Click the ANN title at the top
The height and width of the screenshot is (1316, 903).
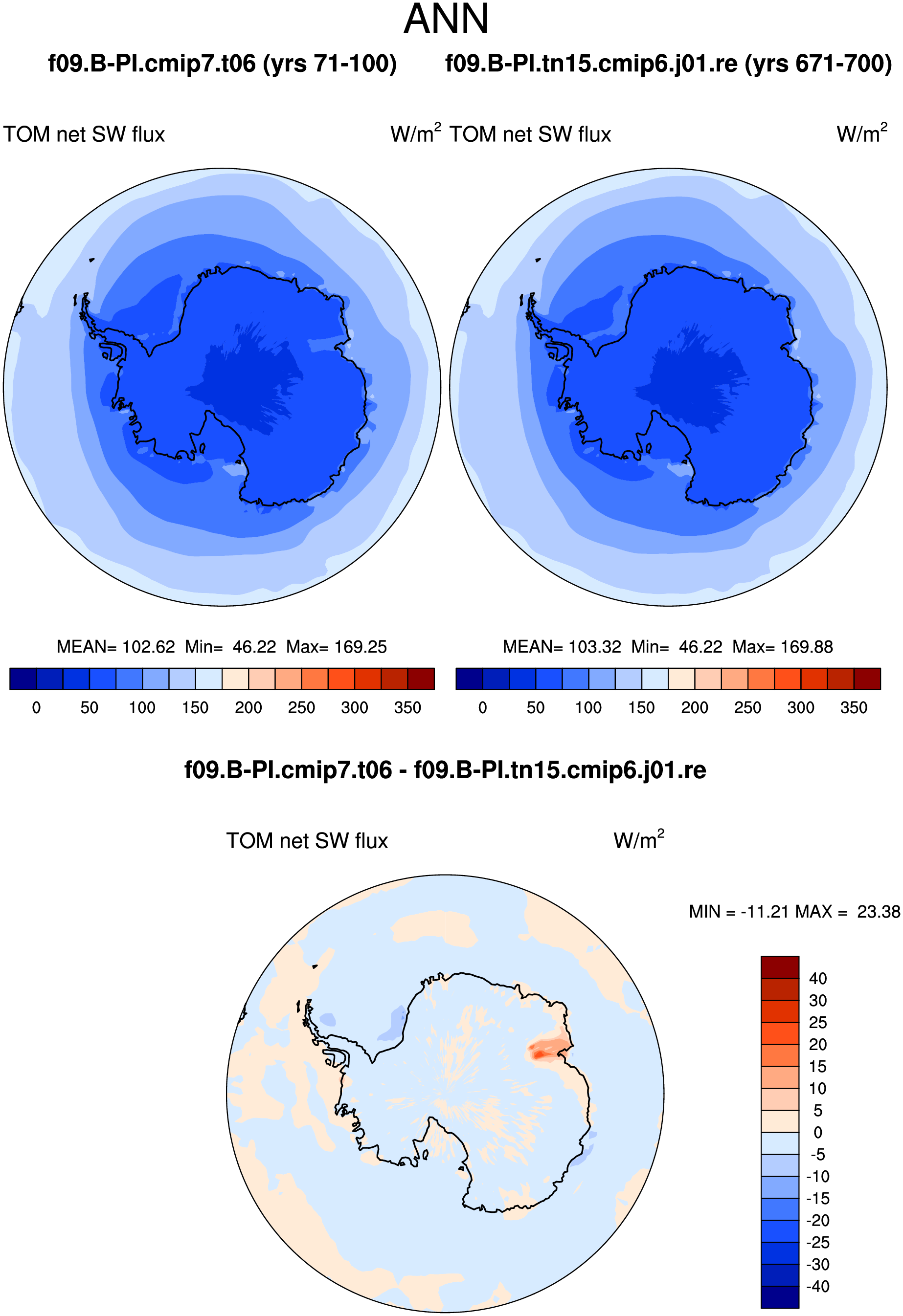pos(447,19)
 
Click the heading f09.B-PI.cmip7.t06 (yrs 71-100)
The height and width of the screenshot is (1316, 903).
pos(222,64)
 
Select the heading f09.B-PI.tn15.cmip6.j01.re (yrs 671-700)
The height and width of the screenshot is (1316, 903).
pos(669,64)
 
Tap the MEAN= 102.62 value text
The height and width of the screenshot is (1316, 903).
pos(115,647)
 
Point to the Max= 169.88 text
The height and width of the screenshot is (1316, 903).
pos(782,647)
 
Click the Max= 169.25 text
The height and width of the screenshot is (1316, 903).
pos(337,647)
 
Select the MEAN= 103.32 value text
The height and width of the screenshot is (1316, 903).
pos(562,647)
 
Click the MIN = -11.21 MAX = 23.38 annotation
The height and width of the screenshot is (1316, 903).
pos(794,912)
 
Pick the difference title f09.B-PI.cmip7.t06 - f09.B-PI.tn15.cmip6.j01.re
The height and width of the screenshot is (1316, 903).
pos(445,770)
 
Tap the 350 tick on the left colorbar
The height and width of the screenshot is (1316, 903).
pos(407,708)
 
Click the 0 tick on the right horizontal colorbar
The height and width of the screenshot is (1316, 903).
pos(483,708)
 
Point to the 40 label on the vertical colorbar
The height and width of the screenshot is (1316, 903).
pos(817,979)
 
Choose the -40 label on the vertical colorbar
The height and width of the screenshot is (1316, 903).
pos(817,1287)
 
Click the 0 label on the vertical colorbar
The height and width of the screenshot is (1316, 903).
pos(817,1133)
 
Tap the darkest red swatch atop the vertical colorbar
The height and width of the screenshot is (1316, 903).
pos(780,967)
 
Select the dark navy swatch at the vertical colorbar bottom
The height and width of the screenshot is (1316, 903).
pos(780,1297)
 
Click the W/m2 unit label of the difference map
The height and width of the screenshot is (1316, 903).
pos(638,840)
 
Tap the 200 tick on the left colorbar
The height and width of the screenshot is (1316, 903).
pos(248,708)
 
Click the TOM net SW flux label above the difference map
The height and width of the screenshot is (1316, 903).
pos(307,841)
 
